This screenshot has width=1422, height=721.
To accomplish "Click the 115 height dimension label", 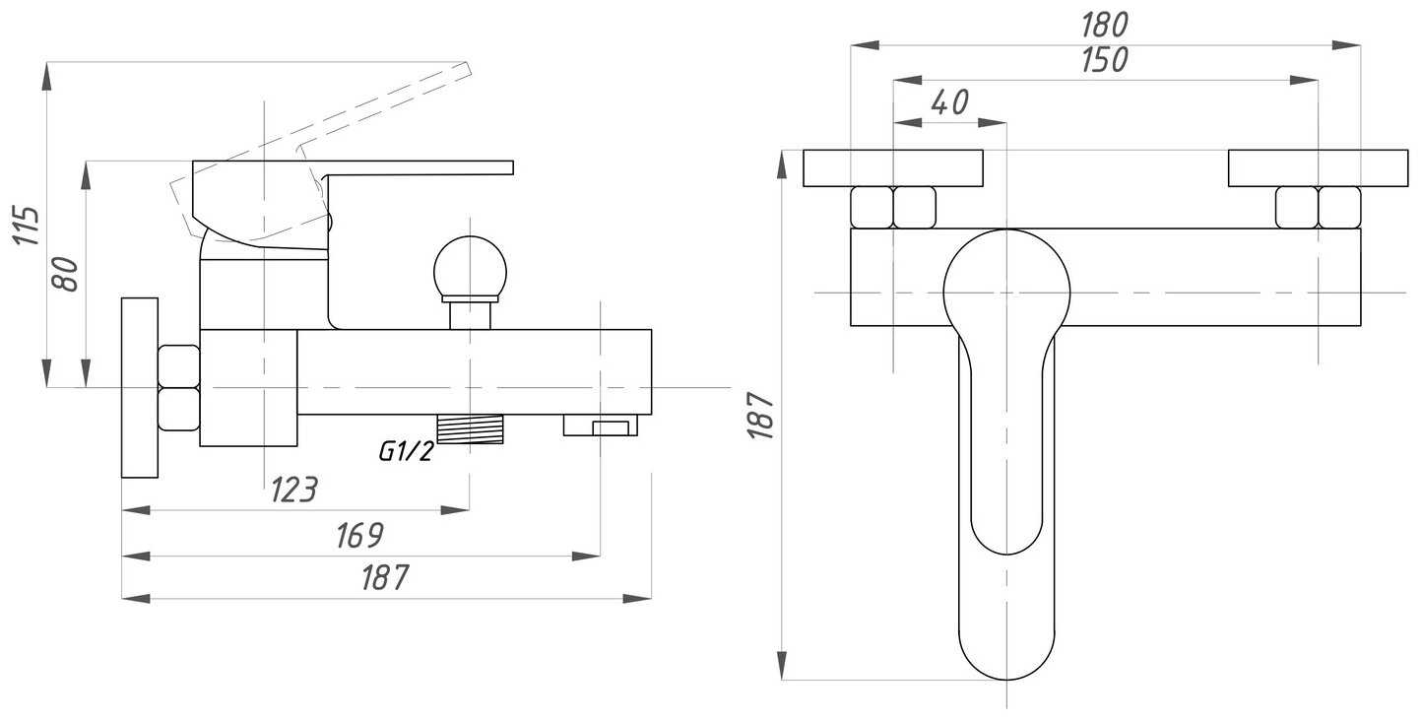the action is coord(27,226).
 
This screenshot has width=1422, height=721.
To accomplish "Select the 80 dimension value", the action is coord(65,274).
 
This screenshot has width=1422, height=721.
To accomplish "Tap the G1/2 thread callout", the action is coord(407,451).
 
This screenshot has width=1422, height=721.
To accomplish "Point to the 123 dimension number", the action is coord(293,490).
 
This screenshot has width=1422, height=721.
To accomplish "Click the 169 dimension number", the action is coord(360,536).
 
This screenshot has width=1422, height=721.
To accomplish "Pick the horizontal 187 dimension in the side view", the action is coord(385,577).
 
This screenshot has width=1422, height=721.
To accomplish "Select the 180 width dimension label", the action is coord(1105,26).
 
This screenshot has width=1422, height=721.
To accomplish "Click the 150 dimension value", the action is coord(1105,60).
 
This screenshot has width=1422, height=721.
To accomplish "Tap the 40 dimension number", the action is coord(949,102).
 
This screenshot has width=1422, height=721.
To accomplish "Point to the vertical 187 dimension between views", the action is coord(760,416).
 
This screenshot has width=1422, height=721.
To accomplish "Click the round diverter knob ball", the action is coord(471,268).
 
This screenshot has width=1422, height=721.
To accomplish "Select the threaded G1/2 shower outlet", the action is coord(471,429).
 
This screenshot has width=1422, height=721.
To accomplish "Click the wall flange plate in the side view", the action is coord(140,387).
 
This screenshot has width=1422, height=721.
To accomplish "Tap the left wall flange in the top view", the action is coord(892,168).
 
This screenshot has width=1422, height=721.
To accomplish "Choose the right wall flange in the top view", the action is coord(1318,168).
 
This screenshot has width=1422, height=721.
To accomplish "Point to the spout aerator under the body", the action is coord(601,426).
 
